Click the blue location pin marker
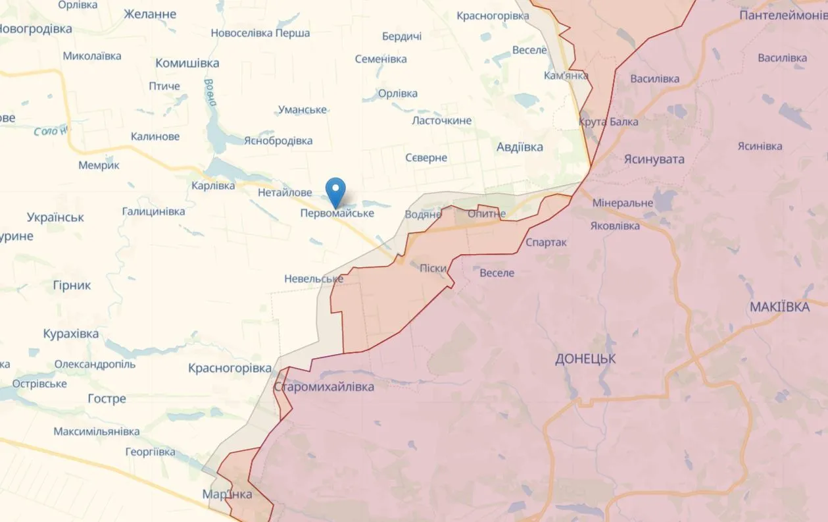[336, 192]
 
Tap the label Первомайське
[337, 213]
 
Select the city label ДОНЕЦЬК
[585, 359]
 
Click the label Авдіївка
[520, 147]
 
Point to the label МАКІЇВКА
[779, 307]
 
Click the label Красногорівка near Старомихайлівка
[230, 367]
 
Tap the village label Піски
[433, 268]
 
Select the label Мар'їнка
[227, 494]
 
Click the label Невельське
[314, 278]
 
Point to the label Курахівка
[71, 334]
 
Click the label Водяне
[423, 215]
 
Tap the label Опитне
[486, 214]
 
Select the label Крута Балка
[608, 122]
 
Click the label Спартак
[546, 242]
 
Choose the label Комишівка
[187, 63]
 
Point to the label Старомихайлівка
[324, 386]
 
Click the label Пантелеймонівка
[783, 14]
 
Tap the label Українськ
[55, 217]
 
